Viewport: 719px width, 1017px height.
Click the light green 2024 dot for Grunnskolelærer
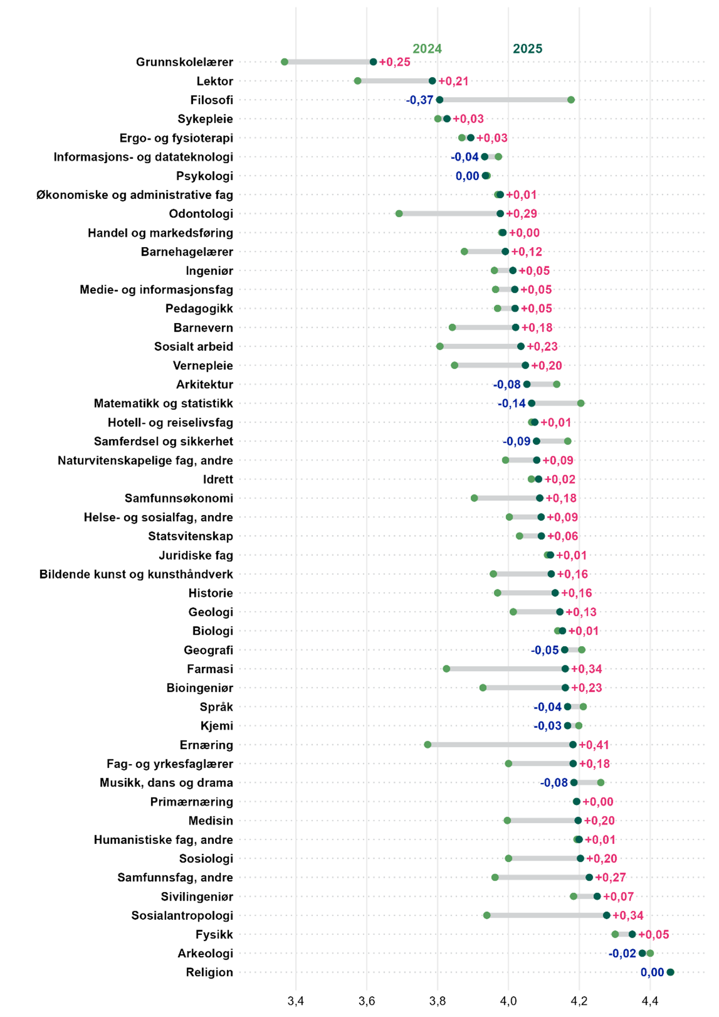284,62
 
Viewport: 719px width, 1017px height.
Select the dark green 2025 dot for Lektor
432,81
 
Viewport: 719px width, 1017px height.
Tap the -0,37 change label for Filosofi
420,100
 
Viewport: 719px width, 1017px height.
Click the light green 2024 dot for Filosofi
571,100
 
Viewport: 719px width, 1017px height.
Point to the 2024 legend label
427,49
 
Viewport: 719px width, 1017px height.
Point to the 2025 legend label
527,49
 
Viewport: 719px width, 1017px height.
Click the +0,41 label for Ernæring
594,745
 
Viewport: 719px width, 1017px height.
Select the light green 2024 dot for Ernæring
428,745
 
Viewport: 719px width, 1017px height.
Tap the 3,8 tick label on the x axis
437,1001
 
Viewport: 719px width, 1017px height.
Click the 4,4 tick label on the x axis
650,1001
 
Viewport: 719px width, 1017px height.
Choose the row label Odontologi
201,214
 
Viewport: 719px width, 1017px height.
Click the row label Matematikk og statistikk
163,404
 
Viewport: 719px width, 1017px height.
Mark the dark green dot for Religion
670,972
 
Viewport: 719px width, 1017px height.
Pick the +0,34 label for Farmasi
586,669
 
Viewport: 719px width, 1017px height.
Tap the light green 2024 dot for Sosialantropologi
487,915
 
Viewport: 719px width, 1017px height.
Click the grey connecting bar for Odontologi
449,214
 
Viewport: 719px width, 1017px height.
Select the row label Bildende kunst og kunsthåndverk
136,574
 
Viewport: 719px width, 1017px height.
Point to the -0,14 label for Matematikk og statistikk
512,404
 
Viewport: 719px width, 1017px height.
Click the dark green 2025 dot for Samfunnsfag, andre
589,877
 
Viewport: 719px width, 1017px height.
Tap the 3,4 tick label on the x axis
295,1001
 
